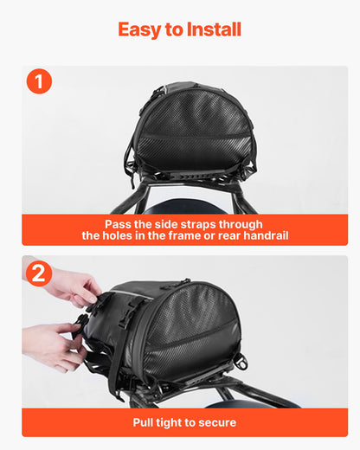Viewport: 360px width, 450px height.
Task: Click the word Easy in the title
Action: pyautogui.click(x=141, y=29)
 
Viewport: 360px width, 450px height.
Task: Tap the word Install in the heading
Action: pyautogui.click(x=213, y=29)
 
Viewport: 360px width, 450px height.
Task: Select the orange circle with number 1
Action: pyautogui.click(x=39, y=82)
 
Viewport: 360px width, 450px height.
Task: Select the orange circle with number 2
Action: pyautogui.click(x=39, y=273)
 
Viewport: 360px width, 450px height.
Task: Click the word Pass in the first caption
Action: pyautogui.click(x=119, y=223)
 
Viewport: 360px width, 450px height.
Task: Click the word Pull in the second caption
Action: pyautogui.click(x=145, y=422)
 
